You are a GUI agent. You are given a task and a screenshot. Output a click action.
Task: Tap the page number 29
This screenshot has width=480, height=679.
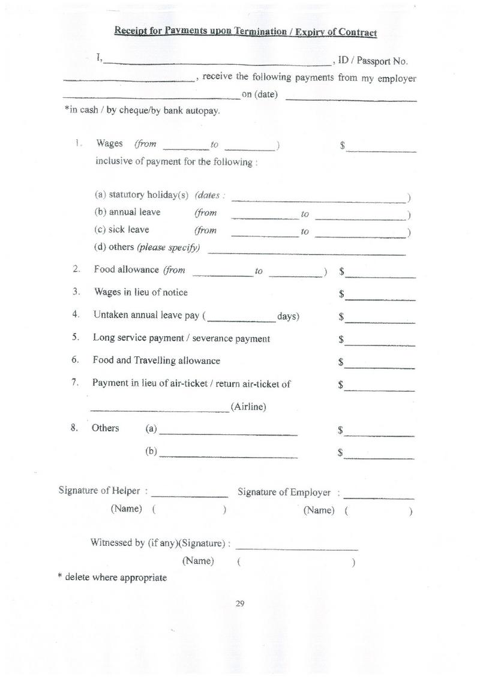point(240,603)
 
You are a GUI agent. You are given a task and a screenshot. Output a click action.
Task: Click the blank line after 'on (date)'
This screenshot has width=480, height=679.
point(351,98)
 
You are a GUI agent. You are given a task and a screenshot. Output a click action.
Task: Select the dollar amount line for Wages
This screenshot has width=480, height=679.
point(381,151)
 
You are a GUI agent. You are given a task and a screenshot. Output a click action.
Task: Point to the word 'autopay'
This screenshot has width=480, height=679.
point(204,111)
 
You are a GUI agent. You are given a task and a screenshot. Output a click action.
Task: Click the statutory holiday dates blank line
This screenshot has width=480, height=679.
point(319,200)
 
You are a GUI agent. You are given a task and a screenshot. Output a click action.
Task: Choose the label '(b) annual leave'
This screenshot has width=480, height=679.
point(127,212)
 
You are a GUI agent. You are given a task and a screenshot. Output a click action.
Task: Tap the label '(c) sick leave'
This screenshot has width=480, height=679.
point(122,230)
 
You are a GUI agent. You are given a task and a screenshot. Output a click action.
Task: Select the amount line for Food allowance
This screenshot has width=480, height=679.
point(380,277)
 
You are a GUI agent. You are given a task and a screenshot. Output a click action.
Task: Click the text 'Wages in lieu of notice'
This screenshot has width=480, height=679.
point(140,292)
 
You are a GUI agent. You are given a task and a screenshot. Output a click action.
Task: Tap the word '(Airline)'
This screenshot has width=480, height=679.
point(248,407)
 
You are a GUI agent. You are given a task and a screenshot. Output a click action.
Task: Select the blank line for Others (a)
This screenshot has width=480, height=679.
point(229,433)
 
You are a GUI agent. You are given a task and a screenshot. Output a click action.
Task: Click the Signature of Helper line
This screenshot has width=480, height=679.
point(190,496)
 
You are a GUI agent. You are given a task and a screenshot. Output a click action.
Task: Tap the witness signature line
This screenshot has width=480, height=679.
point(297,548)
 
